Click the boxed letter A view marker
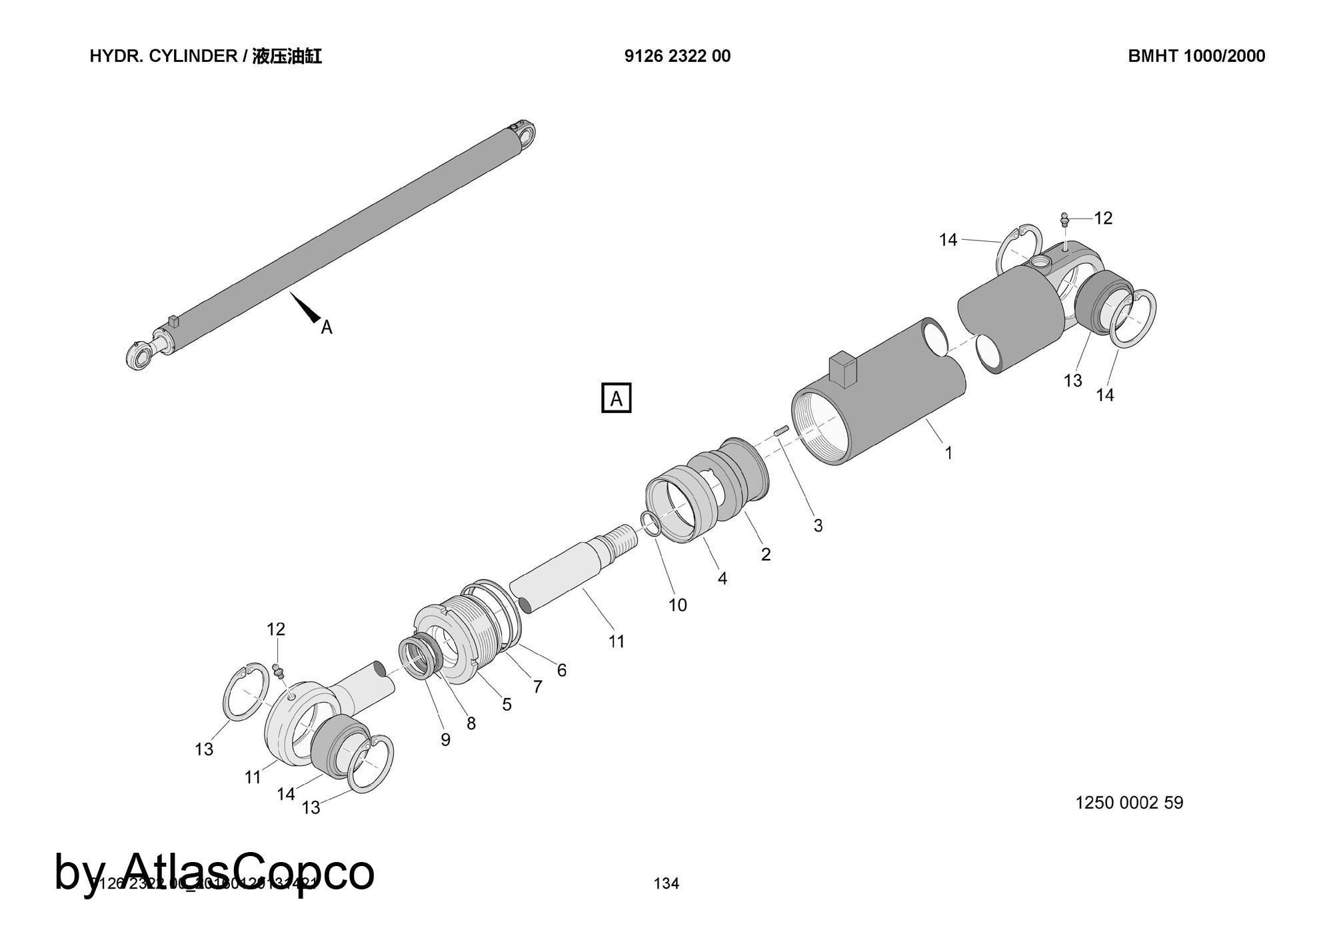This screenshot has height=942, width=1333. pyautogui.click(x=616, y=398)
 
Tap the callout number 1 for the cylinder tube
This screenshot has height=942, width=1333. pyautogui.click(x=948, y=453)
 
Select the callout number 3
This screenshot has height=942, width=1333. pyautogui.click(x=818, y=526)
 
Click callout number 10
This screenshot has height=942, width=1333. pyautogui.click(x=677, y=605)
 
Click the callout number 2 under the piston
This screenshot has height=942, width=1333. pyautogui.click(x=766, y=554)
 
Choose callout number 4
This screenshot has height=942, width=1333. pyautogui.click(x=722, y=578)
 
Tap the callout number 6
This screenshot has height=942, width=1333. pyautogui.click(x=561, y=670)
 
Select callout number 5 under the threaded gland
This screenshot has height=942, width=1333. pyautogui.click(x=507, y=704)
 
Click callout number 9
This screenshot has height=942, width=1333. pyautogui.click(x=445, y=739)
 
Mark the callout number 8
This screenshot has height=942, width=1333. pyautogui.click(x=471, y=723)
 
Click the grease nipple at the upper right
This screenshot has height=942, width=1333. pyautogui.click(x=1064, y=219)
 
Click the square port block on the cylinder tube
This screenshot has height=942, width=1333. pyautogui.click(x=841, y=370)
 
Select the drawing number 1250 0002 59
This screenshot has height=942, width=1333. pyautogui.click(x=1129, y=803)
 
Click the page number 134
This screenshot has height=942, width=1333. pyautogui.click(x=666, y=883)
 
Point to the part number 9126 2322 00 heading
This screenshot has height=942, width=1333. pyautogui.click(x=677, y=56)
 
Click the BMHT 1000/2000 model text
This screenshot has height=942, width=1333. pyautogui.click(x=1196, y=56)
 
